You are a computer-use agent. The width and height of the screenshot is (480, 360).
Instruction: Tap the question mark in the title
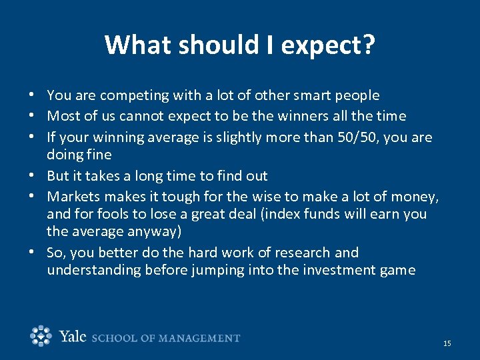(368, 45)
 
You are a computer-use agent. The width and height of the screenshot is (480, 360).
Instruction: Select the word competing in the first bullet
(131, 95)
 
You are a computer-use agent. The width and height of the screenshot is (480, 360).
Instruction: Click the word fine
(98, 155)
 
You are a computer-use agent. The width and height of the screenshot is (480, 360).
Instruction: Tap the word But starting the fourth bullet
(58, 176)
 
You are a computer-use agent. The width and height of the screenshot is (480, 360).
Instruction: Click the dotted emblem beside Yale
(41, 336)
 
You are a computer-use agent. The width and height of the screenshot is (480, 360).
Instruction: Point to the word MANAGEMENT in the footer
(198, 338)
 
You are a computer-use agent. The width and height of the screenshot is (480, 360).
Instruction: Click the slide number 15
(447, 343)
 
